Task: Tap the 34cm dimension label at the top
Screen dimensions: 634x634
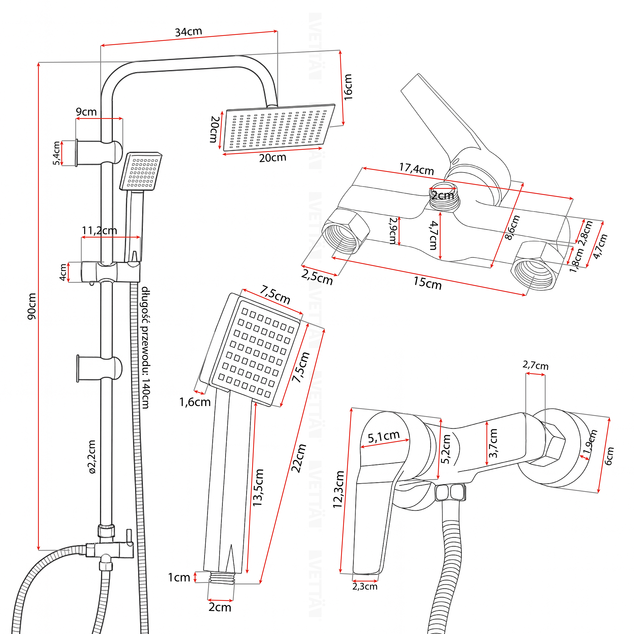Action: click(188, 32)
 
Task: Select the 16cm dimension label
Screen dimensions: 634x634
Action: click(348, 87)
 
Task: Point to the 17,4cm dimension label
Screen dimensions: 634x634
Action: click(416, 169)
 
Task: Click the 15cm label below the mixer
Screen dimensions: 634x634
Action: click(427, 283)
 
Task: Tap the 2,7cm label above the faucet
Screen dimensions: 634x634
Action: click(535, 365)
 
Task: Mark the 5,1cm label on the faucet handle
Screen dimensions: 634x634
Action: click(383, 436)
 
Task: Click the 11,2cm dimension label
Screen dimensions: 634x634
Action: click(99, 231)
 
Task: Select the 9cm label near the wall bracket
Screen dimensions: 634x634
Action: click(86, 112)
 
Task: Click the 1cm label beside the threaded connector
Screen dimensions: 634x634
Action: click(179, 578)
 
